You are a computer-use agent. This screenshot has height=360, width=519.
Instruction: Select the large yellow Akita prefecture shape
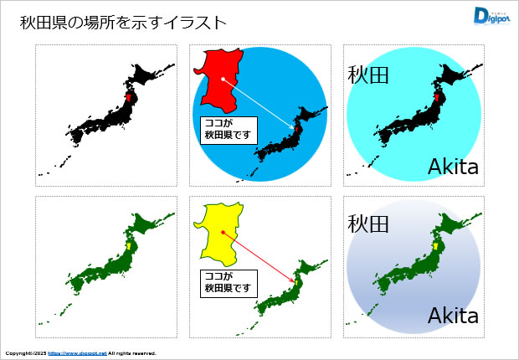click(219, 230)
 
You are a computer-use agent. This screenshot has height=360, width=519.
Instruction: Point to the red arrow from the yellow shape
click(259, 257)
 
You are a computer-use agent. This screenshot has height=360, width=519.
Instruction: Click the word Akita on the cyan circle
click(453, 167)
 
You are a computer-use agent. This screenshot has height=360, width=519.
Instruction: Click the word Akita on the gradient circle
click(453, 316)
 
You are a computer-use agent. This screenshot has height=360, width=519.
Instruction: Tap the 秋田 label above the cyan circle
click(369, 75)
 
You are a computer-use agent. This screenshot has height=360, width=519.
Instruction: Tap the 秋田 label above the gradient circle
click(369, 224)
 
